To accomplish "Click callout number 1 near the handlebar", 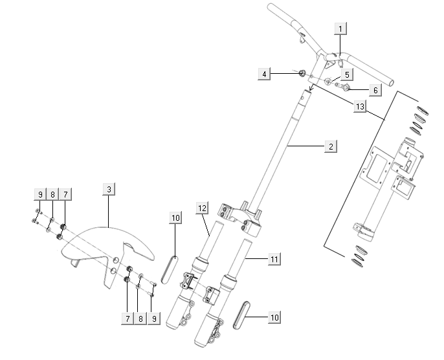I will pyautogui.click(x=341, y=28).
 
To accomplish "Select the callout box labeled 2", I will pyautogui.click(x=330, y=147).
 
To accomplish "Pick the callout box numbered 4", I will pyautogui.click(x=263, y=74).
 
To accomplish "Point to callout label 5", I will pyautogui.click(x=347, y=74).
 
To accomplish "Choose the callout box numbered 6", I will pyautogui.click(x=375, y=90).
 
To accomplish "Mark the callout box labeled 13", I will pyautogui.click(x=359, y=106).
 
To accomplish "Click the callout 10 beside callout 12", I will pyautogui.click(x=175, y=218).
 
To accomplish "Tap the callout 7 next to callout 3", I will pyautogui.click(x=65, y=194).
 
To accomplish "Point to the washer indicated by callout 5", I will pyautogui.click(x=328, y=82).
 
